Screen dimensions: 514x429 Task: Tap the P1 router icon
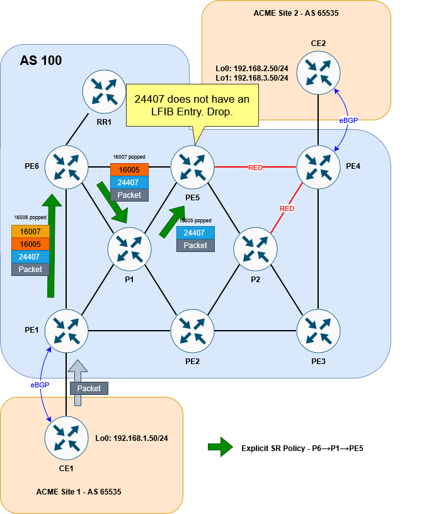click(x=129, y=249)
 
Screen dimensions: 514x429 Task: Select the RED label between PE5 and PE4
click(x=255, y=168)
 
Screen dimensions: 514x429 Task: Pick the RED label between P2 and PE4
click(x=287, y=208)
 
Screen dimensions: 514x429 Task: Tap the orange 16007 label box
click(x=30, y=232)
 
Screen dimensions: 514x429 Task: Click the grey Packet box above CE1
click(x=89, y=389)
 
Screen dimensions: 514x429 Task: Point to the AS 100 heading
click(x=41, y=61)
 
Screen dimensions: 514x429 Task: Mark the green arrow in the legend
click(x=220, y=448)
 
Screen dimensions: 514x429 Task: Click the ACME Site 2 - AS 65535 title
click(x=295, y=13)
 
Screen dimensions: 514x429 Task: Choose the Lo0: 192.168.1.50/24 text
click(x=132, y=438)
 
